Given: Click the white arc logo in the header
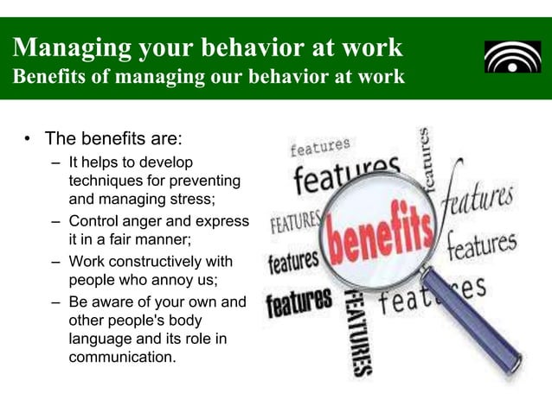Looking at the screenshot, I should point(512,57).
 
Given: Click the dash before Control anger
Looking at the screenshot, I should point(55,220).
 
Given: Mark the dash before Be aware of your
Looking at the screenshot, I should point(55,302).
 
